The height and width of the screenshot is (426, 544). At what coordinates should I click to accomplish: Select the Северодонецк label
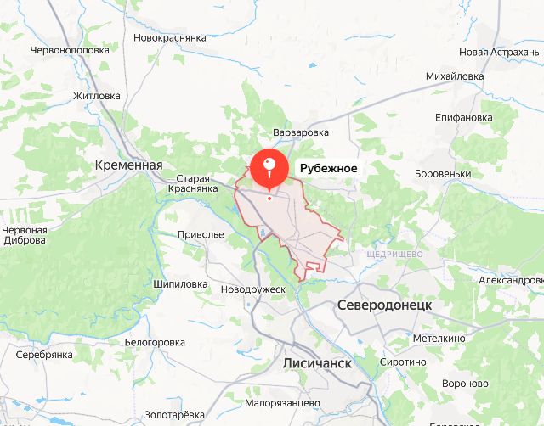point(385,305)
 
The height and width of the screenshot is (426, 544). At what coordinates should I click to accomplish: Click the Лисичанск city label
point(315,362)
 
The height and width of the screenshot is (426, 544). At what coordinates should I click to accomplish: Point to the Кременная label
point(128,165)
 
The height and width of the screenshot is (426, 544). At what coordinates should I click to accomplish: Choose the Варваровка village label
point(300,133)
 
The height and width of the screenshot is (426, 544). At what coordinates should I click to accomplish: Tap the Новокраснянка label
point(171,38)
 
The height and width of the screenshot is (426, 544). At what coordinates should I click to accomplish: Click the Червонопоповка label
point(70,50)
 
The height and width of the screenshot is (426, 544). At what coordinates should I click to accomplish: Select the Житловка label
point(97,96)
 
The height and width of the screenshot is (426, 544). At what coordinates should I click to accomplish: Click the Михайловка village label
point(455,76)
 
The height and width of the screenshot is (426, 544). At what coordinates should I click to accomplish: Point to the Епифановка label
point(463,117)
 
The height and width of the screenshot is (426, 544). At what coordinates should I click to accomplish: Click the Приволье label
point(201,234)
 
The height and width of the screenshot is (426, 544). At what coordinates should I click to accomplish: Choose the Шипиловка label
point(181,284)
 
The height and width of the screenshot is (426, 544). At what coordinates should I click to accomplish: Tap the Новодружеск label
point(252,289)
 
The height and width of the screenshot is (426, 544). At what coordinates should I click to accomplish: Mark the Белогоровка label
point(155,342)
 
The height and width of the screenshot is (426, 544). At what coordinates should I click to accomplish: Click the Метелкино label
point(439,339)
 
